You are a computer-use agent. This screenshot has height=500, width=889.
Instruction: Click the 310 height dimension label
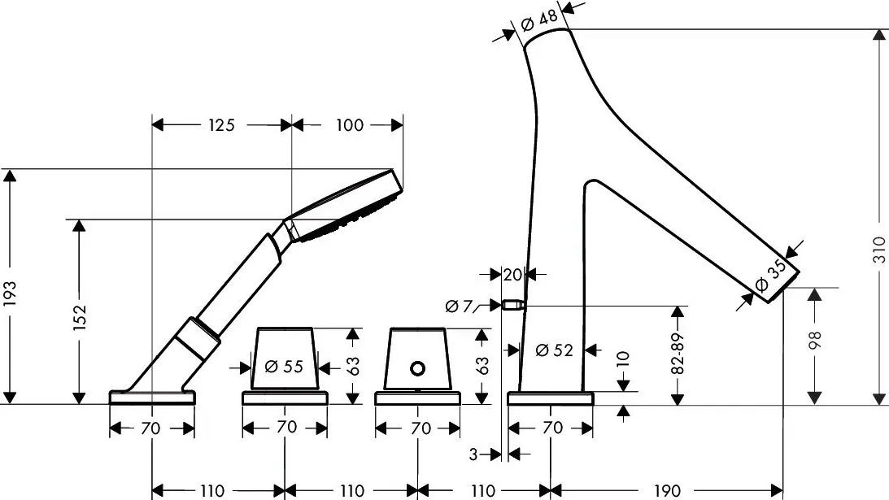pos(878,250)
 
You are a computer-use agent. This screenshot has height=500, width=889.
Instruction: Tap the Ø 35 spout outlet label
pos(770,276)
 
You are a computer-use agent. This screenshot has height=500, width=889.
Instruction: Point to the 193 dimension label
pos(10,293)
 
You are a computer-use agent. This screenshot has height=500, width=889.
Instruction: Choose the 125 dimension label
pos(221,124)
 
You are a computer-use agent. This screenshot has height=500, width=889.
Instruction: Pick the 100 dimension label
pos(349,124)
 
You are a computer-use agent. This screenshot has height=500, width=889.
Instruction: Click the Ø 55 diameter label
pos(284,366)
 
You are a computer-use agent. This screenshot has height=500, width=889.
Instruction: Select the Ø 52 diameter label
pos(554,350)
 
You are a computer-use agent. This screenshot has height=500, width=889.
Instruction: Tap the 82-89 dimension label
pos(678,354)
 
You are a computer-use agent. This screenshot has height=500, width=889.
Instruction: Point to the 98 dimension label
pos(815,340)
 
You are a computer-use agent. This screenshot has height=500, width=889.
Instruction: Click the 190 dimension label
pos(667,490)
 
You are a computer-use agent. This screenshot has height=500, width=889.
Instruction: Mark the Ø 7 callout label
pos(459,307)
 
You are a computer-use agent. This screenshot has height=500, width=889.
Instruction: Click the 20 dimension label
pos(512,275)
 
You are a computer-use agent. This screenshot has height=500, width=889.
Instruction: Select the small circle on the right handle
pos(417,368)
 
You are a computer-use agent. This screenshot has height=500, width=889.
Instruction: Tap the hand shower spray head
pos(346,207)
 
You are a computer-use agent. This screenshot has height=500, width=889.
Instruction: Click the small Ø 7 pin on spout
pos(512,307)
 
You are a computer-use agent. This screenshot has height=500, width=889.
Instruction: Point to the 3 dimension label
pos(473,454)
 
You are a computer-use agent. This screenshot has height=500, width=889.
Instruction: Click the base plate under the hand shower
pos(152,397)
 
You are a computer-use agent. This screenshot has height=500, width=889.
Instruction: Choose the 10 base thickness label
pos(622,360)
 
